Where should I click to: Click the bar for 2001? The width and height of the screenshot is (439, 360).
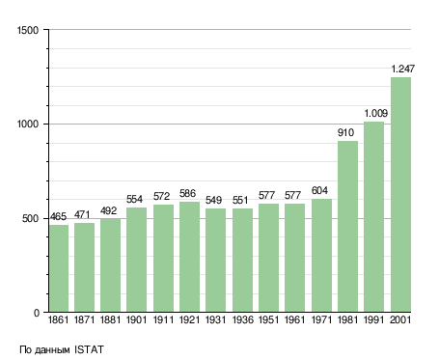point(400,194)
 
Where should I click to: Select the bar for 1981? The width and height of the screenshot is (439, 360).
point(347,226)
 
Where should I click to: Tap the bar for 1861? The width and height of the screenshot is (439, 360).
point(59,268)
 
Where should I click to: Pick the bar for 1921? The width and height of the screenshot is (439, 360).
point(189,257)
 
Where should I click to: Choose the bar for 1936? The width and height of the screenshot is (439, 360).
point(242,261)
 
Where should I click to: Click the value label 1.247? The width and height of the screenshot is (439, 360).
point(403,69)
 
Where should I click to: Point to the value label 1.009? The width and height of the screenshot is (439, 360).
point(376,113)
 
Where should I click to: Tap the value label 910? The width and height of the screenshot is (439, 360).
point(345,132)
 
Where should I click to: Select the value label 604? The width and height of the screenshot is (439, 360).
point(319,190)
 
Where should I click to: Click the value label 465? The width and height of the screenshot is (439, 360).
point(58,216)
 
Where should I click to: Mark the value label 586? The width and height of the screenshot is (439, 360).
point(187,193)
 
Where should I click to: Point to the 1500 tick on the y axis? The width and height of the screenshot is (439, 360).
point(28,30)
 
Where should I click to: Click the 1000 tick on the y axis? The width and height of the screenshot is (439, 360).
point(28,124)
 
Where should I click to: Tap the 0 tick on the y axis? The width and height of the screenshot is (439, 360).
point(37,313)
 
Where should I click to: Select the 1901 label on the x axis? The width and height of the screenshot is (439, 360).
point(136,320)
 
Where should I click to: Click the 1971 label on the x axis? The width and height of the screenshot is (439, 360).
point(321,320)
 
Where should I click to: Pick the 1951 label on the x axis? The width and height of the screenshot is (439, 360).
point(268,320)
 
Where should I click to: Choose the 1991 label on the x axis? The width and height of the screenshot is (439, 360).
point(374,320)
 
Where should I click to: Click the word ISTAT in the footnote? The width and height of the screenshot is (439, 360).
point(89,349)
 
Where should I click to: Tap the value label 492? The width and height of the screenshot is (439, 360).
point(108,210)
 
